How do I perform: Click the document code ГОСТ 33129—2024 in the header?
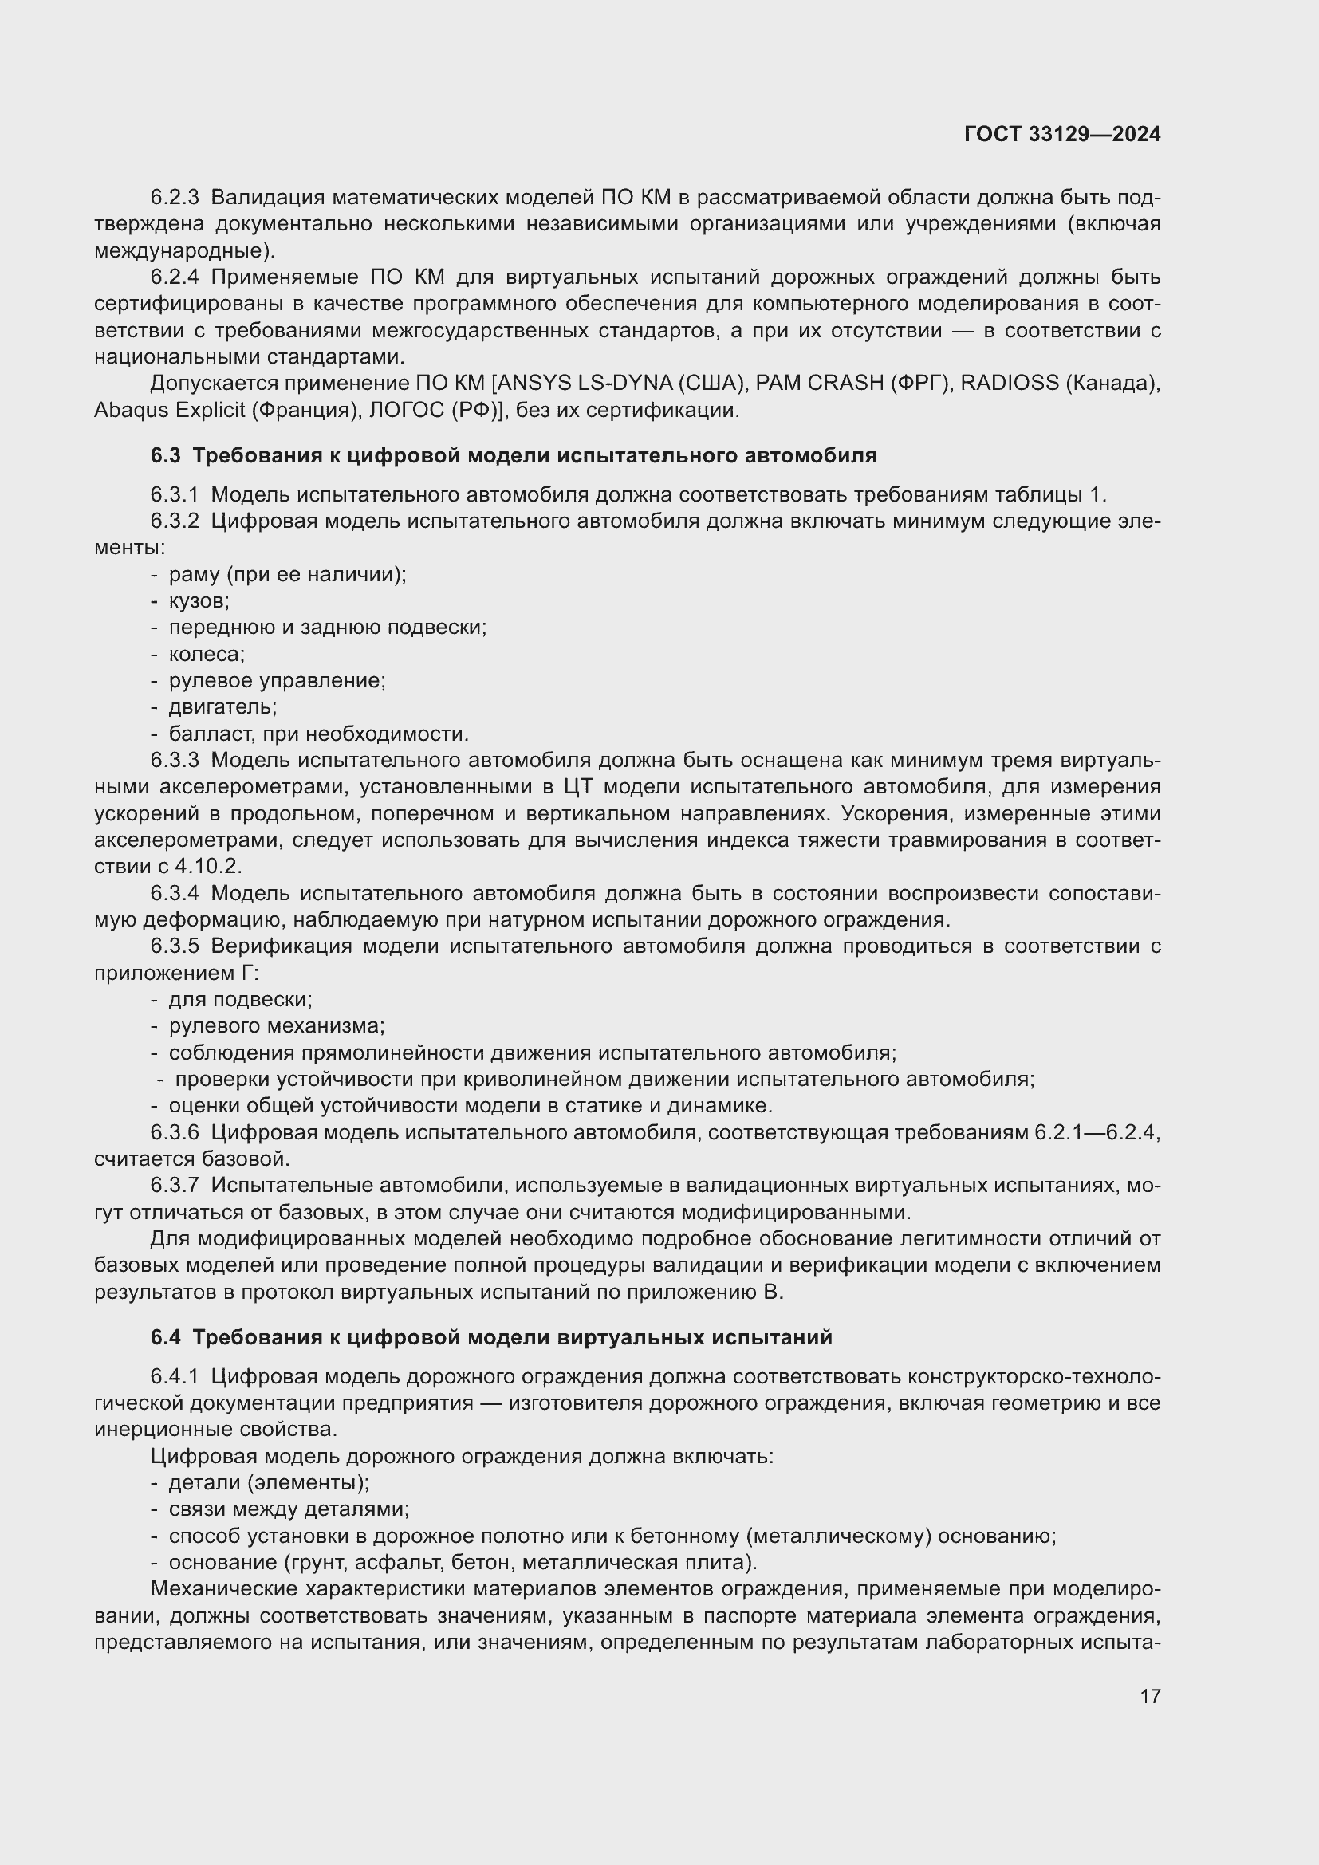pyautogui.click(x=1061, y=134)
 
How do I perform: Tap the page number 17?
pyautogui.click(x=1150, y=1696)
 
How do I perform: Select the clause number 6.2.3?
pyautogui.click(x=175, y=198)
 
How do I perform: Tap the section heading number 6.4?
pyautogui.click(x=166, y=1337)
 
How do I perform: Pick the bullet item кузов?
pyautogui.click(x=199, y=601)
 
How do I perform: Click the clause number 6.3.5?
pyautogui.click(x=175, y=946)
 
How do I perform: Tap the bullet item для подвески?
pyautogui.click(x=239, y=999)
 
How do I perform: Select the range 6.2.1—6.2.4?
pyautogui.click(x=1096, y=1132)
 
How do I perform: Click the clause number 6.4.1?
pyautogui.click(x=175, y=1377)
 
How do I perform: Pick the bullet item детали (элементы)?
pyautogui.click(x=268, y=1482)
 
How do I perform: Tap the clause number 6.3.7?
pyautogui.click(x=175, y=1186)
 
